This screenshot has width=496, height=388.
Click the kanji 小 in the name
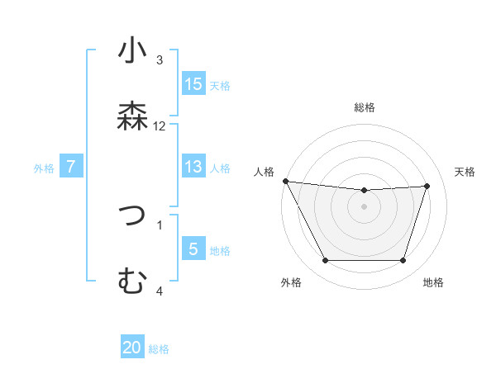tap(132, 53)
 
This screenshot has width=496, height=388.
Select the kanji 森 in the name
tap(132, 116)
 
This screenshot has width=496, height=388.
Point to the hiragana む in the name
tap(132, 282)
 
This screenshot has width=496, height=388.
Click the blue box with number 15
tap(193, 84)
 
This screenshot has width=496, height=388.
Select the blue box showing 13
tap(193, 167)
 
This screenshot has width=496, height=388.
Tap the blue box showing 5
tap(193, 248)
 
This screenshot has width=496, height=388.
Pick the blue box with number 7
tap(71, 167)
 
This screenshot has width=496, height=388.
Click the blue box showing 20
tap(132, 348)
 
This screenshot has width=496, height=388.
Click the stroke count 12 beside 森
tap(160, 126)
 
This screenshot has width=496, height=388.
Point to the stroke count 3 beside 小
tap(160, 60)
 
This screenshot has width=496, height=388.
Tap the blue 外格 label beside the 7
tap(44, 168)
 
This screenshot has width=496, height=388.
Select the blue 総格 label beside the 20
tap(159, 349)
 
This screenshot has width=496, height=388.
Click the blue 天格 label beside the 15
tap(219, 85)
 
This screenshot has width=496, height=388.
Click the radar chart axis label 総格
tap(364, 107)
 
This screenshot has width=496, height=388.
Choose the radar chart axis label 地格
tap(433, 283)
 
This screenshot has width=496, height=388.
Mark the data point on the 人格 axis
tap(285, 181)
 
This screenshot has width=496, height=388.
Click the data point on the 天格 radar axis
tap(427, 186)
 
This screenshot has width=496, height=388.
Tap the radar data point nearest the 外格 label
tap(325, 261)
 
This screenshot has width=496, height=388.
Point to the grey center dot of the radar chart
tap(364, 206)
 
